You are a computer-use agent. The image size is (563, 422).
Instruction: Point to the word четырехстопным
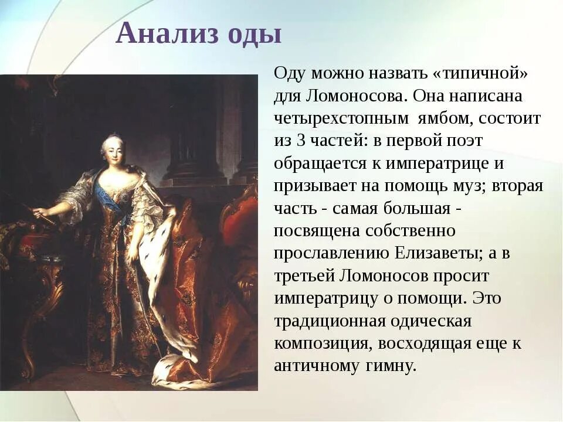point(341,118)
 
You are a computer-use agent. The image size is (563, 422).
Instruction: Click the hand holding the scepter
point(39,212)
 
